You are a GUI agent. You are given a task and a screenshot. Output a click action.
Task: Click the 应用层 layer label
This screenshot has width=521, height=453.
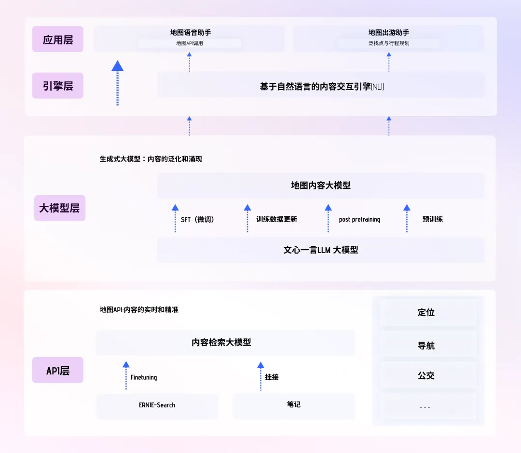point(58,40)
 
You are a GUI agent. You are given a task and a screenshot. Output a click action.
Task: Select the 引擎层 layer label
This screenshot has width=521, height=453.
point(58,86)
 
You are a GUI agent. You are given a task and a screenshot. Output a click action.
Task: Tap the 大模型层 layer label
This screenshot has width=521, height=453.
point(59,208)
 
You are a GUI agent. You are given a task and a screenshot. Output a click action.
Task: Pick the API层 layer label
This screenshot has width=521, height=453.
point(58,371)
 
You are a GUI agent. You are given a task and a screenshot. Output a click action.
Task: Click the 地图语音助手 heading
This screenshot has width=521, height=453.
point(191,32)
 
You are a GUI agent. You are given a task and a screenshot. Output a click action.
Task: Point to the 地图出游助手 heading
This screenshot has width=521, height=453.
point(389,32)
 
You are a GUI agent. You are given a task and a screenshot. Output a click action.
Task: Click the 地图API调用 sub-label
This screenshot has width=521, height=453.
point(190,43)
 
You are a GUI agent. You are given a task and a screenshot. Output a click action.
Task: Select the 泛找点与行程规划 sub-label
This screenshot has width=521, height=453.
point(389,43)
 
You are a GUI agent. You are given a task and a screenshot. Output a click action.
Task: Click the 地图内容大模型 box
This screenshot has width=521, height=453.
point(321,186)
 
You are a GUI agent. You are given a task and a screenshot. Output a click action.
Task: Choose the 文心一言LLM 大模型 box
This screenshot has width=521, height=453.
point(321,250)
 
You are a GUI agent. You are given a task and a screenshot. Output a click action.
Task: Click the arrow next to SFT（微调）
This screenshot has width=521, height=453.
point(175,219)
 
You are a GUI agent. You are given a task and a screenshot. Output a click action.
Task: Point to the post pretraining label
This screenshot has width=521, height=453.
point(359,220)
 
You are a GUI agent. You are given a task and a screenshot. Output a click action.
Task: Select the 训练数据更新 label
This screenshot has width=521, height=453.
point(276,219)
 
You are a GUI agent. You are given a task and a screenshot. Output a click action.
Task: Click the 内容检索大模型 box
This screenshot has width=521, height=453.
point(225,343)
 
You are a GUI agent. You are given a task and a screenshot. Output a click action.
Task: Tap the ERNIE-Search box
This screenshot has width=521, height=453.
point(157,405)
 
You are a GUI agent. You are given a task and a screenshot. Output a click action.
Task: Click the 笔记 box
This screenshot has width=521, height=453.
point(294,405)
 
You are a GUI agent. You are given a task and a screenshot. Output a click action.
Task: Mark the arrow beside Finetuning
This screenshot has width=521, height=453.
point(126,375)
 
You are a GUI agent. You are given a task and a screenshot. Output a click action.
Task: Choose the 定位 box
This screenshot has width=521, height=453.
point(426,313)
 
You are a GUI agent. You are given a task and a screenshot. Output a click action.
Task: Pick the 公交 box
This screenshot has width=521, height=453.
point(426,375)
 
